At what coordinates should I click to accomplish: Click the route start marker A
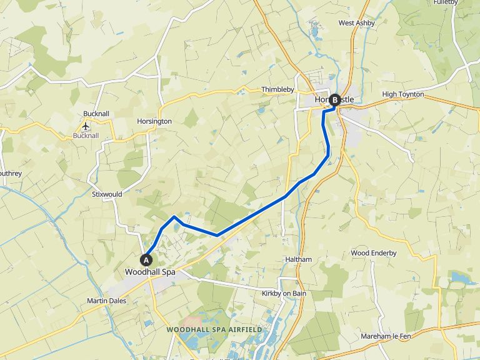tap(147, 259)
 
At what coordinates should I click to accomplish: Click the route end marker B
tap(335, 99)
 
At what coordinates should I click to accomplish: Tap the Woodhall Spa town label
tap(150, 272)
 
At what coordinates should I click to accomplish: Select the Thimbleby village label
tap(277, 90)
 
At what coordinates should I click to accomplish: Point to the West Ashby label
tap(355, 23)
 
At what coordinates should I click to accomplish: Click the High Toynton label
tap(402, 94)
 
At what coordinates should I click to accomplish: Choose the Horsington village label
tap(154, 121)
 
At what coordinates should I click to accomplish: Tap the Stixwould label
tap(106, 194)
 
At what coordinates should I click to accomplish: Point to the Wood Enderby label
tap(374, 253)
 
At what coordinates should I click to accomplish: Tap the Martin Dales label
tap(106, 301)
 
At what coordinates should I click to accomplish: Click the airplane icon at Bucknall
tap(86, 126)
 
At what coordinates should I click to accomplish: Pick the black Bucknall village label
tap(96, 114)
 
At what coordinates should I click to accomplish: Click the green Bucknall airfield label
tap(86, 135)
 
